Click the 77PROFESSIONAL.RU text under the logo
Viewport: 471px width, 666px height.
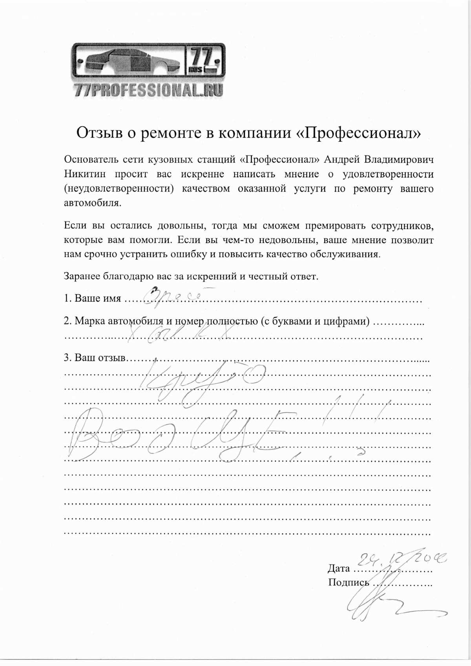point(148,90)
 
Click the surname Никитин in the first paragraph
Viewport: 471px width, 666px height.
point(84,174)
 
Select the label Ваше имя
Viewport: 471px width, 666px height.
point(97,298)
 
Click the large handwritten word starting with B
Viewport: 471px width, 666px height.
point(177,434)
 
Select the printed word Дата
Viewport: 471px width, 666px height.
point(339,568)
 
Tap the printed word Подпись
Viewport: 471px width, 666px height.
point(349,582)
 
